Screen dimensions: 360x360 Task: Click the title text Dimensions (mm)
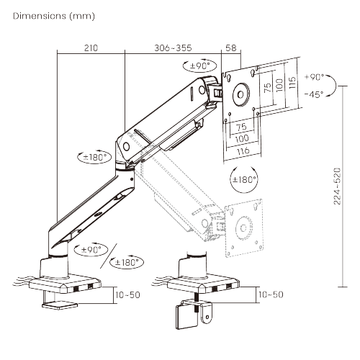pos(53,15)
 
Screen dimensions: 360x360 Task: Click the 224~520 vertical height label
pos(337,186)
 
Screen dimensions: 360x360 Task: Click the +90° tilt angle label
pos(315,77)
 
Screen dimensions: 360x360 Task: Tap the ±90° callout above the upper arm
pos(197,66)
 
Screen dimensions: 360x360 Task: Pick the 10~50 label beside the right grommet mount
pos(270,294)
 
